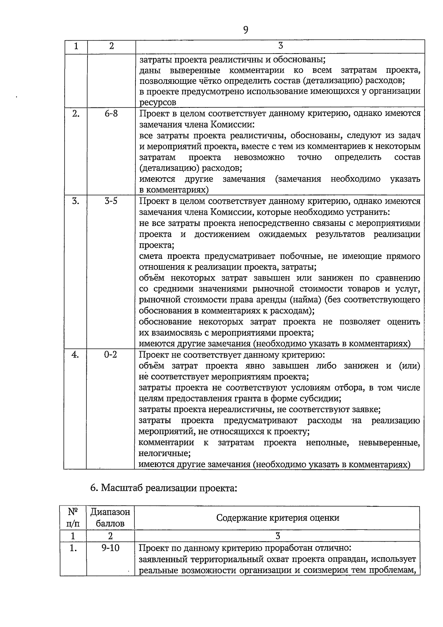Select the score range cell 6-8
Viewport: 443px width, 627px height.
pyautogui.click(x=111, y=114)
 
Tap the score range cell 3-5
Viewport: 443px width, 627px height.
pyautogui.click(x=111, y=201)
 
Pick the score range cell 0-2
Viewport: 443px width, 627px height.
pyautogui.click(x=110, y=355)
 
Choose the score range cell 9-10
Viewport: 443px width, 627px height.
pyautogui.click(x=110, y=548)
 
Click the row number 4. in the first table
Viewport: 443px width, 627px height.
pyautogui.click(x=75, y=355)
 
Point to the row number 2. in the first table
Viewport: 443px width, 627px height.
pyautogui.click(x=76, y=114)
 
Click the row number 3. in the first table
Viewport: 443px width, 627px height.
pyautogui.click(x=76, y=201)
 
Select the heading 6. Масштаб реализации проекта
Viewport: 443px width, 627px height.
pyautogui.click(x=163, y=488)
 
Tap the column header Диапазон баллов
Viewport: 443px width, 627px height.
pyautogui.click(x=110, y=518)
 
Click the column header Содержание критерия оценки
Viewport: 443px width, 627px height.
pyautogui.click(x=278, y=518)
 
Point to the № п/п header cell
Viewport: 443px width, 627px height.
pyautogui.click(x=73, y=518)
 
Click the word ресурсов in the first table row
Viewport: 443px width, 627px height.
pyautogui.click(x=158, y=102)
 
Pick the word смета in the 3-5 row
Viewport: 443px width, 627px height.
pyautogui.click(x=151, y=256)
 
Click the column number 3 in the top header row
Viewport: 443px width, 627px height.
pyautogui.click(x=281, y=46)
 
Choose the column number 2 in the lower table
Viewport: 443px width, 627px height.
pyautogui.click(x=110, y=536)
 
